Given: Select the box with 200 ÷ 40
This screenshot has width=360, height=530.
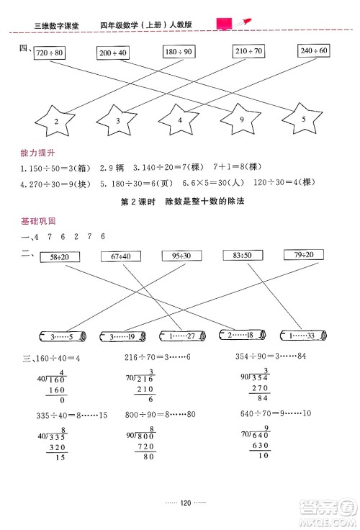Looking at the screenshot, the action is pos(113,53).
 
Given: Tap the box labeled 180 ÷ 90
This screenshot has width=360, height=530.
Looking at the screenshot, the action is pos(177,53).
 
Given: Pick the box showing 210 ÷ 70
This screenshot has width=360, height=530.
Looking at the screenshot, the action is pos(249,51).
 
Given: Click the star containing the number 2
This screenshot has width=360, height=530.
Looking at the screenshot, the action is pos(56,120).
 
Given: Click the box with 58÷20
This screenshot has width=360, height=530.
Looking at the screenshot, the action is pos(60,257).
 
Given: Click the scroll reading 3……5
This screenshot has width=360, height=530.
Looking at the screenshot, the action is pos(61,336).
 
